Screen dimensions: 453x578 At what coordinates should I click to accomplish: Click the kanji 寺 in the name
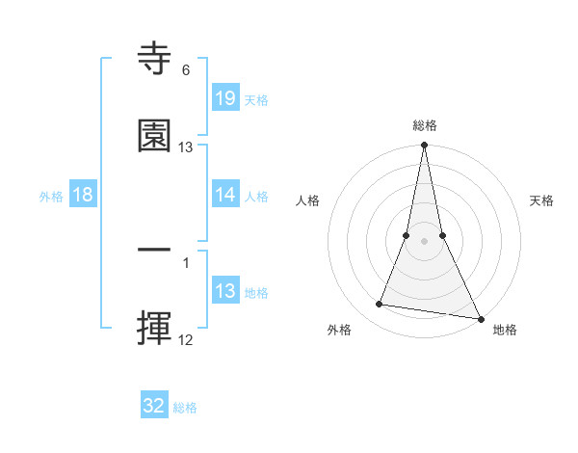click(x=154, y=59)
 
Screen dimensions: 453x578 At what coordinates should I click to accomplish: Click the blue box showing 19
click(x=225, y=98)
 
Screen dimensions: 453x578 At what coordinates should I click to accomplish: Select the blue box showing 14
click(x=225, y=195)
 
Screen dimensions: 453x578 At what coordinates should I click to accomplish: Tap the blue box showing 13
click(x=225, y=291)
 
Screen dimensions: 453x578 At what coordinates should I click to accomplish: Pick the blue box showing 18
click(x=83, y=195)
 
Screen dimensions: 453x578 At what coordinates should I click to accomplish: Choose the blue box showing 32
click(x=154, y=406)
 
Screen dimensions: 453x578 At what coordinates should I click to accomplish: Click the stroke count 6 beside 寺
click(x=186, y=70)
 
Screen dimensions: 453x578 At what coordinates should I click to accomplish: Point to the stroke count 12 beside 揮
click(x=186, y=339)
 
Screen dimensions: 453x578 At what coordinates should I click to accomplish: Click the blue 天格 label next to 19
click(x=256, y=100)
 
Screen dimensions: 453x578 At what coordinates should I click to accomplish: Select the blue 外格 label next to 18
click(x=51, y=197)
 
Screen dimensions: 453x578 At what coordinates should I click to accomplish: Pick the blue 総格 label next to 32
click(x=185, y=408)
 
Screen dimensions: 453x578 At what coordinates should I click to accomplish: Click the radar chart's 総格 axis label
click(x=424, y=125)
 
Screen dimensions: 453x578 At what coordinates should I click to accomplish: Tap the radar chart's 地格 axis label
click(x=505, y=330)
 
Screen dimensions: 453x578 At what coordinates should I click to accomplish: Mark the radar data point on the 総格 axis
click(x=424, y=146)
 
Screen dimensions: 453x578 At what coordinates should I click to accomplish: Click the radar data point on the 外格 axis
click(x=380, y=305)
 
